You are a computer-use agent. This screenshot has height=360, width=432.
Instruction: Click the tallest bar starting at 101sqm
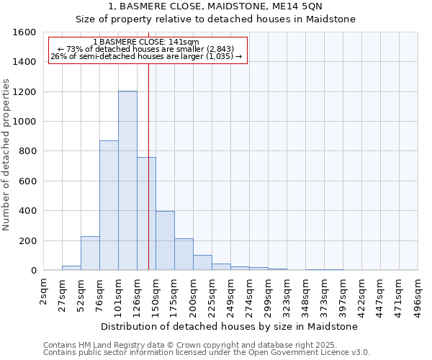tap(127, 180)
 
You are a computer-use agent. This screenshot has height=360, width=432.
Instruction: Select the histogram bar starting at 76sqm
tap(109, 205)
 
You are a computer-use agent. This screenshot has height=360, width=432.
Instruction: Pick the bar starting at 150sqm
tap(165, 240)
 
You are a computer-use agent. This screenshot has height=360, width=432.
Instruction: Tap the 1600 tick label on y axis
tap(24, 32)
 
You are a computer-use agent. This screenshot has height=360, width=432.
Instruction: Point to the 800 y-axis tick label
tap(27, 151)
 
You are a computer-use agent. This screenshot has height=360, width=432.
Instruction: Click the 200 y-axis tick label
tap(27, 240)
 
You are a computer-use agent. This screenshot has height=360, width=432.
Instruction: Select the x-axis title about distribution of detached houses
tap(230, 326)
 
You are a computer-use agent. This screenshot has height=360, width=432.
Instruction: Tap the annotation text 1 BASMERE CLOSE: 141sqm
tap(146, 42)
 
